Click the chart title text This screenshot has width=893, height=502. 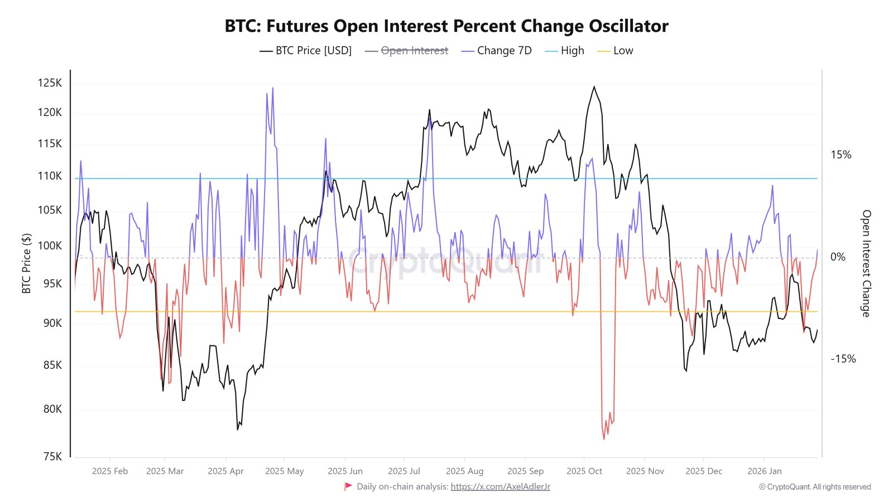coord(446,26)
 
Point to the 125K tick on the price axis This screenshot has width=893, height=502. coord(50,83)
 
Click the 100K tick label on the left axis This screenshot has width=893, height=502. coord(50,246)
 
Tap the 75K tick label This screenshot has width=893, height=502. coord(52,457)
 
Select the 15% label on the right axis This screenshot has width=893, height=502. coord(841,155)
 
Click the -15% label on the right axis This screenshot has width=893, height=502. coord(843,359)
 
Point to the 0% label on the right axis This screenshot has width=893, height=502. coord(838,257)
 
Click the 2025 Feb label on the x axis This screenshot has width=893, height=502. coord(110,471)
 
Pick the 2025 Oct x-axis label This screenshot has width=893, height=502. coord(584,471)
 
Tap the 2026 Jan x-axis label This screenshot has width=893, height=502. coord(764,471)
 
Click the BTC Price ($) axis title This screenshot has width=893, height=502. coord(26,263)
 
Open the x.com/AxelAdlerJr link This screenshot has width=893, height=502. coord(500,487)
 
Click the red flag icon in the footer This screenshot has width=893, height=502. coord(348,486)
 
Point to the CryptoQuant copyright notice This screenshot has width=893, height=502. coord(815,487)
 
